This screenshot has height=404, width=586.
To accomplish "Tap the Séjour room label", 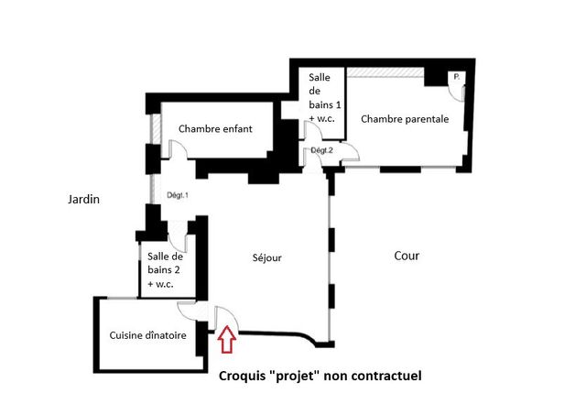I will point(267,258).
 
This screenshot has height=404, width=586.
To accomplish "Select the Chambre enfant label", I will point(215,129).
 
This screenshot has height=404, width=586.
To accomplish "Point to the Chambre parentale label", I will point(405,119).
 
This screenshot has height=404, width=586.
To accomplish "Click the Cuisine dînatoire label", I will point(148,335).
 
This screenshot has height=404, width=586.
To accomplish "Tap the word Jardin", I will point(82,199).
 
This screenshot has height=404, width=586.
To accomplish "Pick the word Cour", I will point(407,257).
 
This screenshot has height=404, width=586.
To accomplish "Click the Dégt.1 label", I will point(177,195).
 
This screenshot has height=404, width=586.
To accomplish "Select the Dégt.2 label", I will point(320,149).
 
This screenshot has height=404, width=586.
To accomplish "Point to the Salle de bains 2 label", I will point(166,270).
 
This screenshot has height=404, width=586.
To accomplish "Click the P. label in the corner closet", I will point(456,79).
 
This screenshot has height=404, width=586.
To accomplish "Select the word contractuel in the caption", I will point(388,376).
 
